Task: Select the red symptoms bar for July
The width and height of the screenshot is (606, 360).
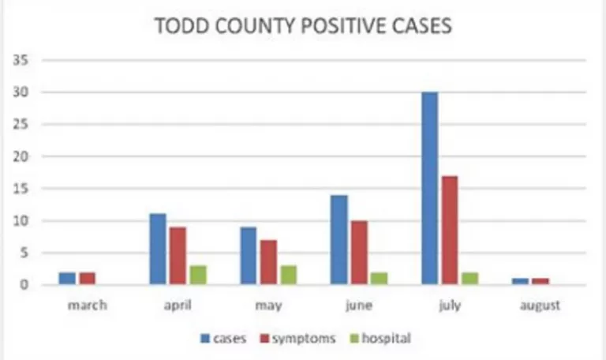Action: click(450, 230)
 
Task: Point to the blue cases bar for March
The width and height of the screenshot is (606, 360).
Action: click(67, 278)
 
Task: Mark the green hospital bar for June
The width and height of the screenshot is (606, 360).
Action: click(380, 278)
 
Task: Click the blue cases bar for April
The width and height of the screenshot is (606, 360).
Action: click(157, 249)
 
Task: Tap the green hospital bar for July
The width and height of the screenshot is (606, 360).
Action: click(470, 278)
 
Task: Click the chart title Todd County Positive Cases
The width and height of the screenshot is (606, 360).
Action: click(303, 26)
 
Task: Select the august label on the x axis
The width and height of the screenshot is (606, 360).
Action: click(540, 306)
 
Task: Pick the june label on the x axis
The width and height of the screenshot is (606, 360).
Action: click(359, 306)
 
